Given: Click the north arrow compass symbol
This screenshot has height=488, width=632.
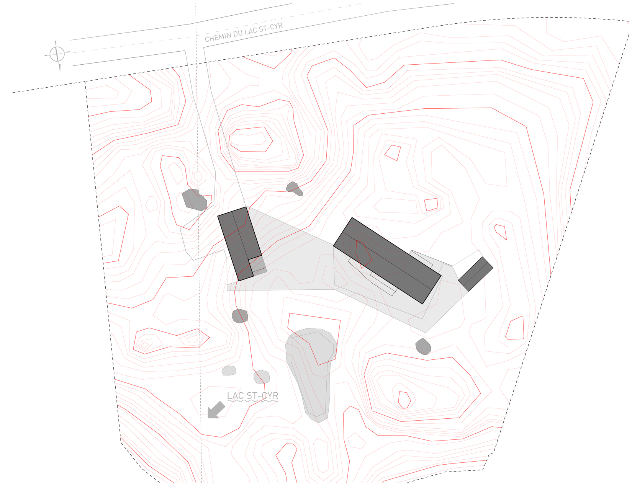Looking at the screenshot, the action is click(x=57, y=54).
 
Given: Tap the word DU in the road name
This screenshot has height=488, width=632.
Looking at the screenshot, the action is click(x=237, y=33).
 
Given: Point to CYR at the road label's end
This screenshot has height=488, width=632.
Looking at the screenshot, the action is click(x=276, y=26).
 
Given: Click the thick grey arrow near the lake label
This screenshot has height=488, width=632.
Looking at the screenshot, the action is click(x=216, y=410).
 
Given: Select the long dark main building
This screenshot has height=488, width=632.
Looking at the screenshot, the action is click(x=387, y=260).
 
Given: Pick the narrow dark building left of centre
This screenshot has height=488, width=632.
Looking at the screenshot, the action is click(x=239, y=243).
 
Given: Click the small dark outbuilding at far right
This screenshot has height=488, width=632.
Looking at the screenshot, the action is click(x=475, y=274).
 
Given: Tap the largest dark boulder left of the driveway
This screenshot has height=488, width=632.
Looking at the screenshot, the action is click(x=194, y=199).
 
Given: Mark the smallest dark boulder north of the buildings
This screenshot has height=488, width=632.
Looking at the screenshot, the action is click(x=294, y=188).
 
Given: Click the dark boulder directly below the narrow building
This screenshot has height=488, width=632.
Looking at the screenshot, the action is click(x=240, y=316).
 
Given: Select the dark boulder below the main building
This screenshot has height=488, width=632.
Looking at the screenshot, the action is click(x=423, y=346).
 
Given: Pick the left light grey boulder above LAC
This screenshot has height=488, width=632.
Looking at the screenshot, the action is click(x=229, y=370).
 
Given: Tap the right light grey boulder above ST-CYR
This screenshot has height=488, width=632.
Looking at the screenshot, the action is click(x=262, y=377).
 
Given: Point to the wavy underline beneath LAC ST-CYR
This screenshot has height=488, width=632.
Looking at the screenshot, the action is click(x=253, y=401).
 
